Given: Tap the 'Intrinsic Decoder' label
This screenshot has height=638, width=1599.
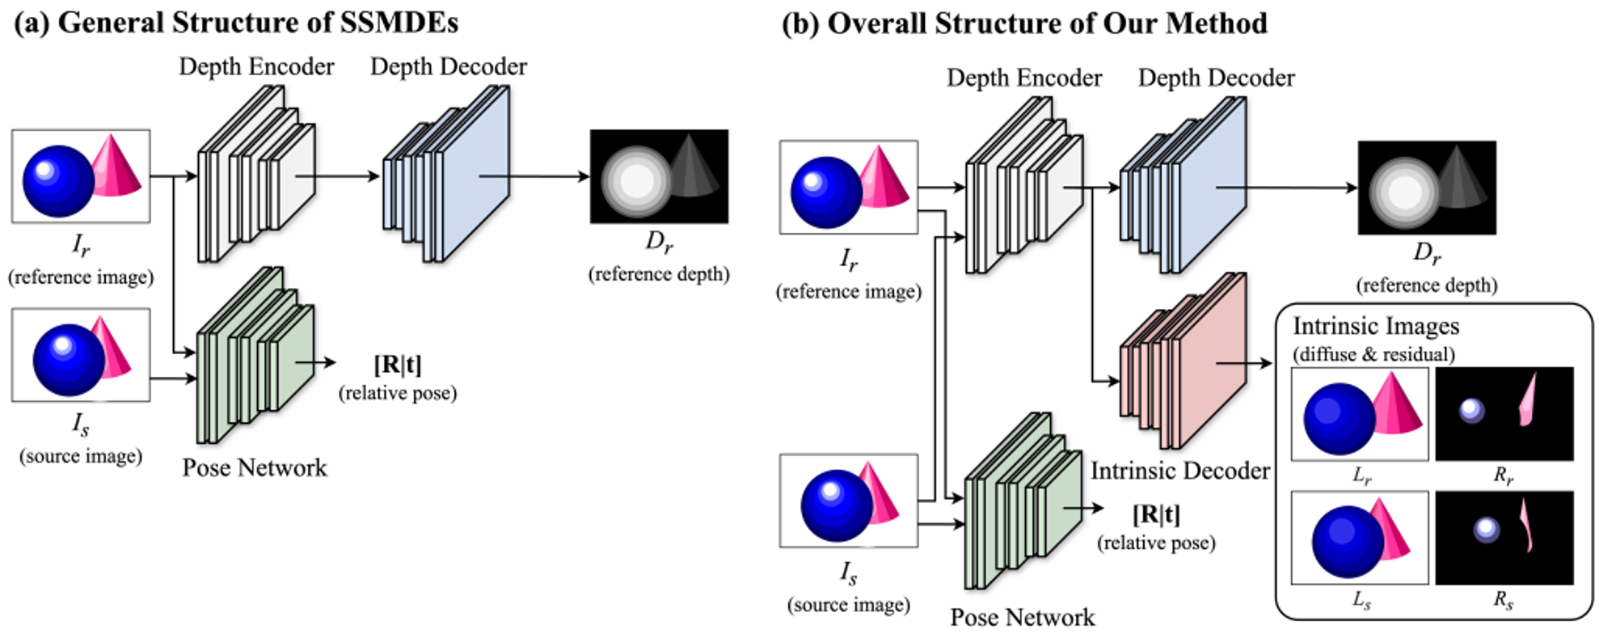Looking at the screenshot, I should click(x=1179, y=471).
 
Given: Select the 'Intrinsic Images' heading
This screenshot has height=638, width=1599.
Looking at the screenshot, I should click(x=1376, y=326).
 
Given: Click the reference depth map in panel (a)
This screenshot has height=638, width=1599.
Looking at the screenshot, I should click(x=659, y=176).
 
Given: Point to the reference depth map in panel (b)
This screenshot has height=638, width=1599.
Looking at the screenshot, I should click(x=1427, y=188).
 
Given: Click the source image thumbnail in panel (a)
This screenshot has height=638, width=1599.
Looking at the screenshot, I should click(x=81, y=355).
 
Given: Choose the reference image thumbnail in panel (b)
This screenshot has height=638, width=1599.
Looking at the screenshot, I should click(x=849, y=188).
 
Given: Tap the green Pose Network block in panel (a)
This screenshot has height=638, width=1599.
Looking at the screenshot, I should click(x=255, y=356).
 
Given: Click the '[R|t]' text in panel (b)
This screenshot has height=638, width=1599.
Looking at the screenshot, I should click(x=1156, y=514).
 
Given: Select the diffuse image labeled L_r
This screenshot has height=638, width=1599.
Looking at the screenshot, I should click(x=1360, y=414).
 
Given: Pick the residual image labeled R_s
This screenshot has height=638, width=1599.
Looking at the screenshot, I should click(x=1504, y=538).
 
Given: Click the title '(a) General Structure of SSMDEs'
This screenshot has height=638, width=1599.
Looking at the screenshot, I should click(x=236, y=23).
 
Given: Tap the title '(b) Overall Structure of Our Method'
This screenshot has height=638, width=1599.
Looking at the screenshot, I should click(x=1024, y=23).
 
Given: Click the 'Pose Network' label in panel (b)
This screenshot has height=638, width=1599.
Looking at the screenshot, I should click(x=1022, y=617).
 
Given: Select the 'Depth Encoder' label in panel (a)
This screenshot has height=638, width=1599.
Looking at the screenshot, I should click(x=256, y=66).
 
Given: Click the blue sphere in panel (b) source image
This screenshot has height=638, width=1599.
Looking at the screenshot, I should click(x=836, y=506).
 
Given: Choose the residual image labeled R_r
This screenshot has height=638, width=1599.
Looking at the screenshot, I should click(x=1504, y=414).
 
